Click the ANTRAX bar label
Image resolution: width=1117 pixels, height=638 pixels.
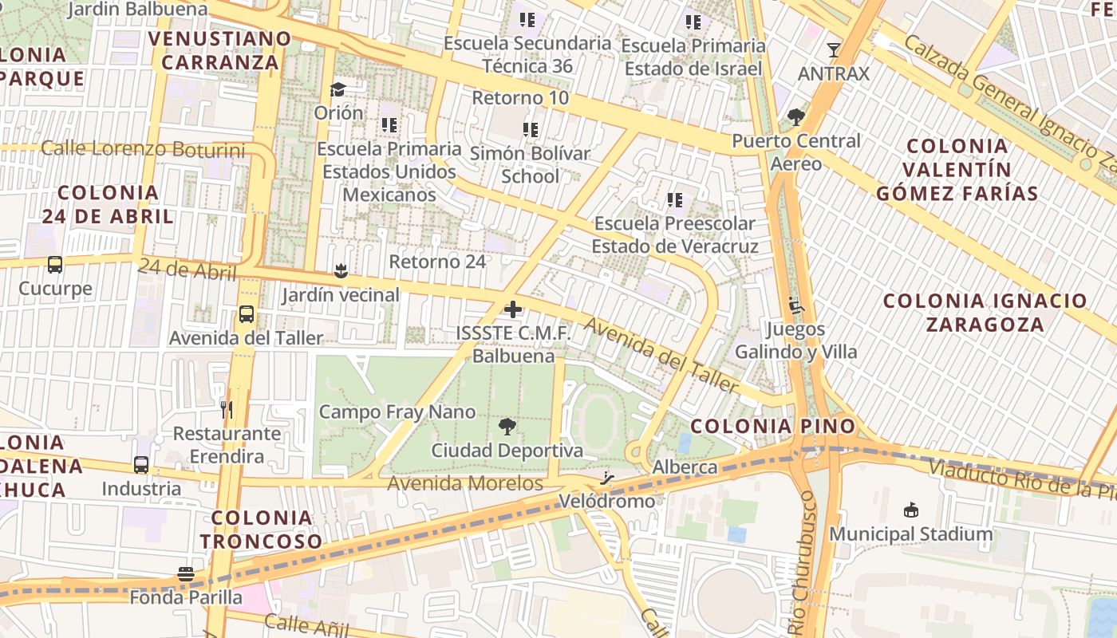834,73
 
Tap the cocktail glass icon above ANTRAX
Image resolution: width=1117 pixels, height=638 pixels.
834,50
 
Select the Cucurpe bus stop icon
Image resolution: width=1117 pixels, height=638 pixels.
55,265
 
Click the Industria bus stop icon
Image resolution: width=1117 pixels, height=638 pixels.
141,465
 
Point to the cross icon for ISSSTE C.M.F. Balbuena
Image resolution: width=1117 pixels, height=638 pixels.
513,309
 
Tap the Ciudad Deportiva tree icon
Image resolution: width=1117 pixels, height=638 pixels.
507,427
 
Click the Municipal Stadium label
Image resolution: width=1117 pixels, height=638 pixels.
911,534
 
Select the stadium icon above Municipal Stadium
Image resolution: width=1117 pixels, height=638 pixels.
911,510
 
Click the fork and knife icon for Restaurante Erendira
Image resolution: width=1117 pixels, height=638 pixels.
227,410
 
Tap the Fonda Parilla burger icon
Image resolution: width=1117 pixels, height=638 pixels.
186,574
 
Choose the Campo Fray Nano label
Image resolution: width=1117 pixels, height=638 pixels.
397,412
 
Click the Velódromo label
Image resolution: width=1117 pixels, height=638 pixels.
607,502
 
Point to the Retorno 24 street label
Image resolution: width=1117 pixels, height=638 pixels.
437,262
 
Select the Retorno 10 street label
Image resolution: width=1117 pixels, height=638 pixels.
521,98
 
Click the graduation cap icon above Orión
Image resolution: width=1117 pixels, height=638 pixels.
338,89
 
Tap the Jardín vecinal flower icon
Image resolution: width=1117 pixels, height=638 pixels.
341,271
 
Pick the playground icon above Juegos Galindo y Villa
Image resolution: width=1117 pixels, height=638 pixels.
795,305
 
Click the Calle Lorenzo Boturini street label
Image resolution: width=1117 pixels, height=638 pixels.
143,148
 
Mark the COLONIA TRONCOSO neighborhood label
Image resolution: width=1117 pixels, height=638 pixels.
261,530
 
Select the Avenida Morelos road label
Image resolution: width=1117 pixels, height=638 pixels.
465,483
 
